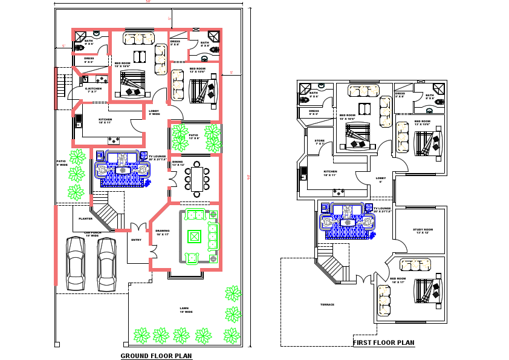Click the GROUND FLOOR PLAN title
pyautogui.click(x=156, y=356)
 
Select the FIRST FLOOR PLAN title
pyautogui.click(x=384, y=342)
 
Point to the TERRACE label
pyautogui.click(x=327, y=304)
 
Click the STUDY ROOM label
pyautogui.click(x=424, y=231)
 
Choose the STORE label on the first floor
pyautogui.click(x=320, y=142)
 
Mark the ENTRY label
pyautogui.click(x=136, y=240)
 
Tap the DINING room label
pyautogui.click(x=177, y=163)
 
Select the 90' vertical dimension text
pyautogui.click(x=249, y=177)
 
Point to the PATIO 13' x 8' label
pyautogui.click(x=193, y=137)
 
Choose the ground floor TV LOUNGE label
pyautogui.click(x=157, y=157)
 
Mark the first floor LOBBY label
pyautogui.click(x=380, y=179)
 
